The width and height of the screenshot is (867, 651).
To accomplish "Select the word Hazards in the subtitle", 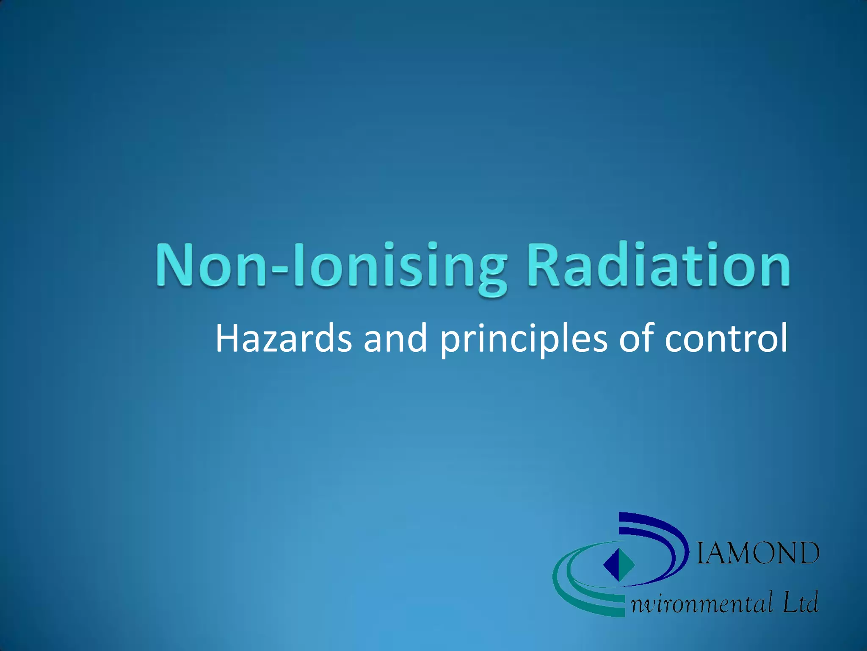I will pyautogui.click(x=283, y=339).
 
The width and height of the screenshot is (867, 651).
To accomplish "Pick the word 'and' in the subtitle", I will pyautogui.click(x=395, y=339).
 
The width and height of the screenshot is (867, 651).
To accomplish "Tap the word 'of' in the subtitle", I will pyautogui.click(x=637, y=339).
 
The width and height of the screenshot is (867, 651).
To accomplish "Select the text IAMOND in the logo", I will pyautogui.click(x=758, y=553).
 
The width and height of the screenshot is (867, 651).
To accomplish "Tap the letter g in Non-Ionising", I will pyautogui.click(x=492, y=271).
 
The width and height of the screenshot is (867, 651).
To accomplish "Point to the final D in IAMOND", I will pyautogui.click(x=807, y=553).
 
